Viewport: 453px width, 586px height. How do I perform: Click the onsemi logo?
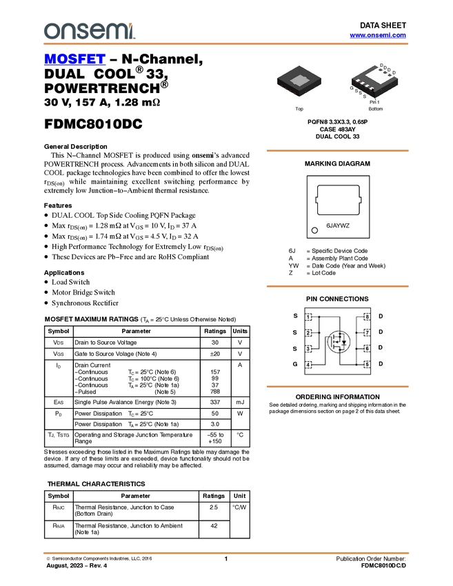pos(89,31)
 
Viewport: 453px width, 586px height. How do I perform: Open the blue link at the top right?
pos(378,35)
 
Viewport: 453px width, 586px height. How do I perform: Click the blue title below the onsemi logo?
pos(74,60)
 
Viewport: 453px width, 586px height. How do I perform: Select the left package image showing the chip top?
pos(301,81)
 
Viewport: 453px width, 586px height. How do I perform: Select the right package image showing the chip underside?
pos(374,81)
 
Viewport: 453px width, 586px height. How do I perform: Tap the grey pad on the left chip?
pos(299,81)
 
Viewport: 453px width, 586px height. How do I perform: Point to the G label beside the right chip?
pos(352,88)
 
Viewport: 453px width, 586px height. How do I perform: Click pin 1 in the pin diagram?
pos(309,317)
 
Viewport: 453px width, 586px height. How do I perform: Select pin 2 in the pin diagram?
pos(309,333)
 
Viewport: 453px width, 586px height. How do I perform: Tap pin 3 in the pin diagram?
pos(309,349)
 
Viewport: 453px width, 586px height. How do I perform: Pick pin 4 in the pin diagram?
pos(309,365)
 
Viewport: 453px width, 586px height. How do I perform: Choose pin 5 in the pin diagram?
pos(367,365)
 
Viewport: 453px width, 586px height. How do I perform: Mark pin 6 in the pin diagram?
pos(367,349)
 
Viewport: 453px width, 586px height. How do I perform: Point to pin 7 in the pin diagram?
pos(367,333)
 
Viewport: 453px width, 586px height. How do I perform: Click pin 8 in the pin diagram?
pos(367,317)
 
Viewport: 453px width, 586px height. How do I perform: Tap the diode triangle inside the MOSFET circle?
pos(343,342)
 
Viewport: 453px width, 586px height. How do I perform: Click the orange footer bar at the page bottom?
pos(226,553)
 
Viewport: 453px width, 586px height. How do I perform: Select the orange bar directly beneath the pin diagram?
pos(337,387)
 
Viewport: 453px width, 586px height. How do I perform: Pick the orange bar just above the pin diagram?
pos(337,286)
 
